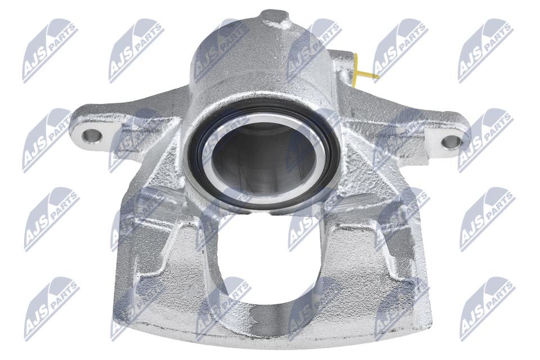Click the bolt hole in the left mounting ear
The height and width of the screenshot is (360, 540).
(x=90, y=135)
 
